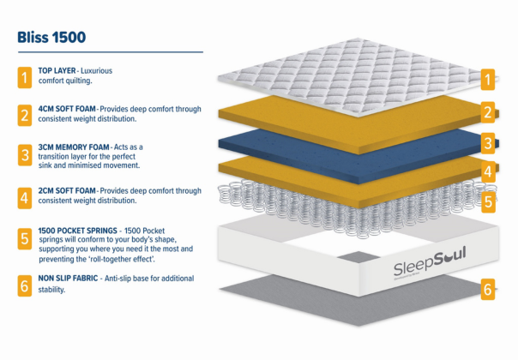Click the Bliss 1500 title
[x=51, y=37]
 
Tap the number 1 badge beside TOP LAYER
[x=25, y=78]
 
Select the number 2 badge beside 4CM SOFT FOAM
[x=25, y=115]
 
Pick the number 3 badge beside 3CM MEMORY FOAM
[x=25, y=155]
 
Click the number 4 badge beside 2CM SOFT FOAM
[x=25, y=198]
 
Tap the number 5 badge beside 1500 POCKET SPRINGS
[x=25, y=239]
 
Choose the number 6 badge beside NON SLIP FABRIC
[x=25, y=286]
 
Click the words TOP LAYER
[x=57, y=70]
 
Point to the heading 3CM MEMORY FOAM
[x=74, y=147]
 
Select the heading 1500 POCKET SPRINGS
[x=78, y=231]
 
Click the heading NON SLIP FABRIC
[x=68, y=279]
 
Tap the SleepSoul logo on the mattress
[x=430, y=261]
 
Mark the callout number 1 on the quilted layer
[x=488, y=80]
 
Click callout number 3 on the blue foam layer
[x=488, y=143]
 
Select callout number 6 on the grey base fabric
[x=488, y=290]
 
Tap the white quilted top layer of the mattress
[x=358, y=77]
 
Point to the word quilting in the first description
[x=78, y=81]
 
